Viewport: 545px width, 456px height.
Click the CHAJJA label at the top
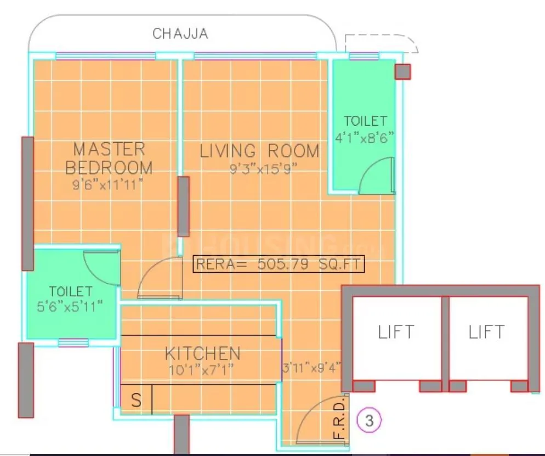(x=180, y=34)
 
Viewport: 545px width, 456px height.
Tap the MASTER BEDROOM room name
(x=109, y=157)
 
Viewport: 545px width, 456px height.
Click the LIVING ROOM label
(x=259, y=151)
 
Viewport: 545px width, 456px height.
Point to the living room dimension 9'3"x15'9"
(x=263, y=169)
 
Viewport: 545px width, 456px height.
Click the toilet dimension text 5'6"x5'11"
(x=71, y=306)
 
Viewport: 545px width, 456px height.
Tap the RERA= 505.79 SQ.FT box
(x=279, y=264)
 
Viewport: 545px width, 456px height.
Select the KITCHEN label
(x=202, y=353)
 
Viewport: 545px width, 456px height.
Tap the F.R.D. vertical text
(x=339, y=419)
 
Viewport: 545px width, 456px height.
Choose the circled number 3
(x=368, y=421)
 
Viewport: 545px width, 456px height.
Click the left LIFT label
(x=396, y=332)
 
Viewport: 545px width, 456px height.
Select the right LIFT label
(x=486, y=332)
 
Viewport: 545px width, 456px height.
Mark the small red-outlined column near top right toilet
(x=402, y=72)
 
